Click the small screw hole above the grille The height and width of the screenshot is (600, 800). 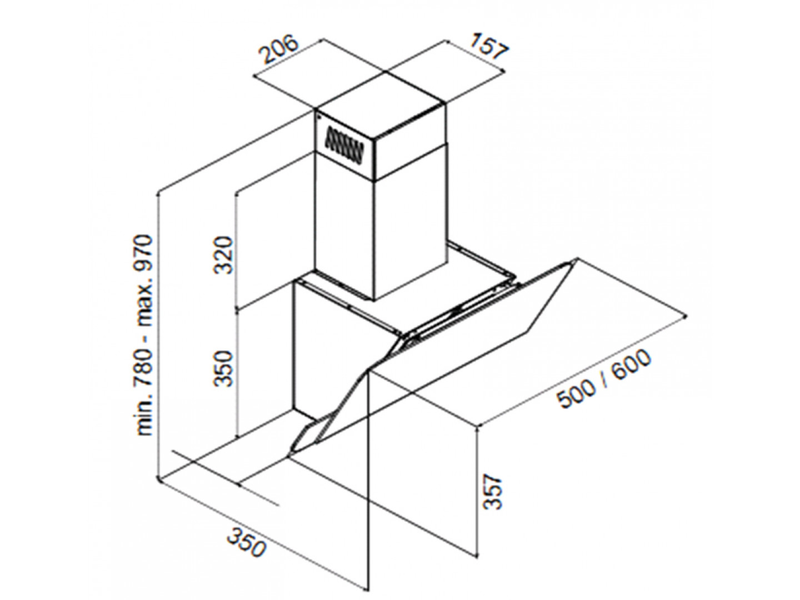click(x=318, y=117)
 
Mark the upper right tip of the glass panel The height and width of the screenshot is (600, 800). click(x=577, y=258)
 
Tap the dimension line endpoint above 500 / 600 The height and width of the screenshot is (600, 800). click(x=686, y=316)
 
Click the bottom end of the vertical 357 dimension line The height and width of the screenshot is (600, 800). click(x=477, y=556)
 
